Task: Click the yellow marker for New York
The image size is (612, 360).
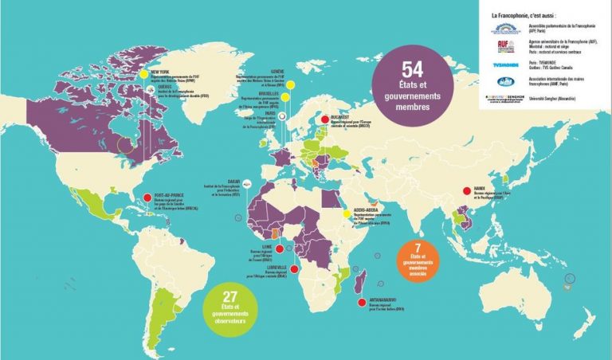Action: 143,74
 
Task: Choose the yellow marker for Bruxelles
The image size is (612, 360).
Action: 282,93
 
